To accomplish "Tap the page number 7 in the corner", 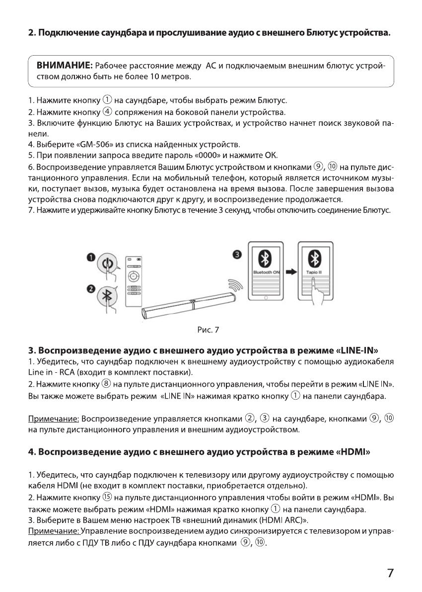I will point(391,573).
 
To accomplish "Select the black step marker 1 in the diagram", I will point(91,256).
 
